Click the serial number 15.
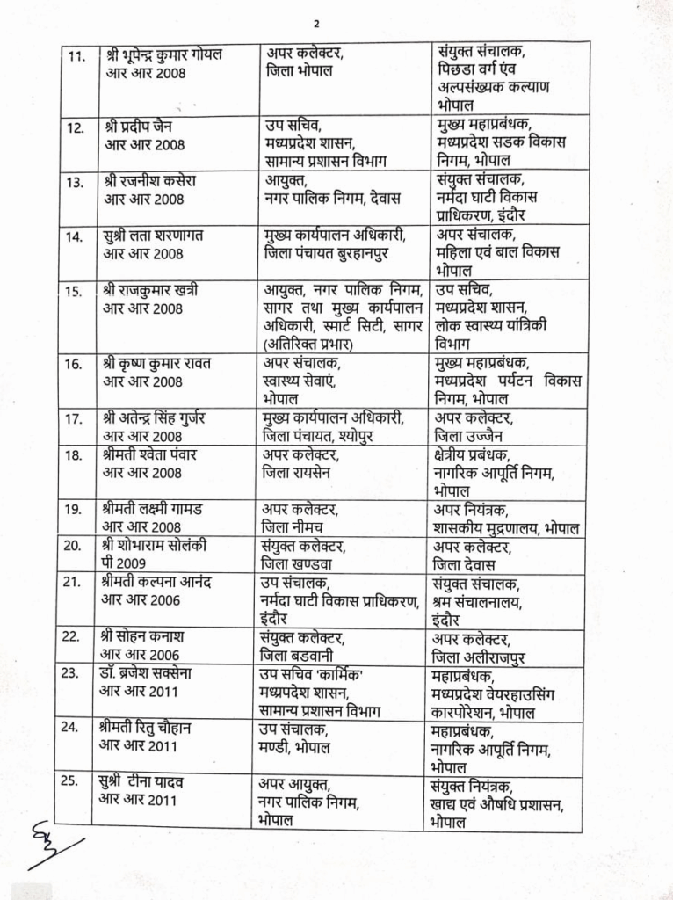[x=76, y=291]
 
